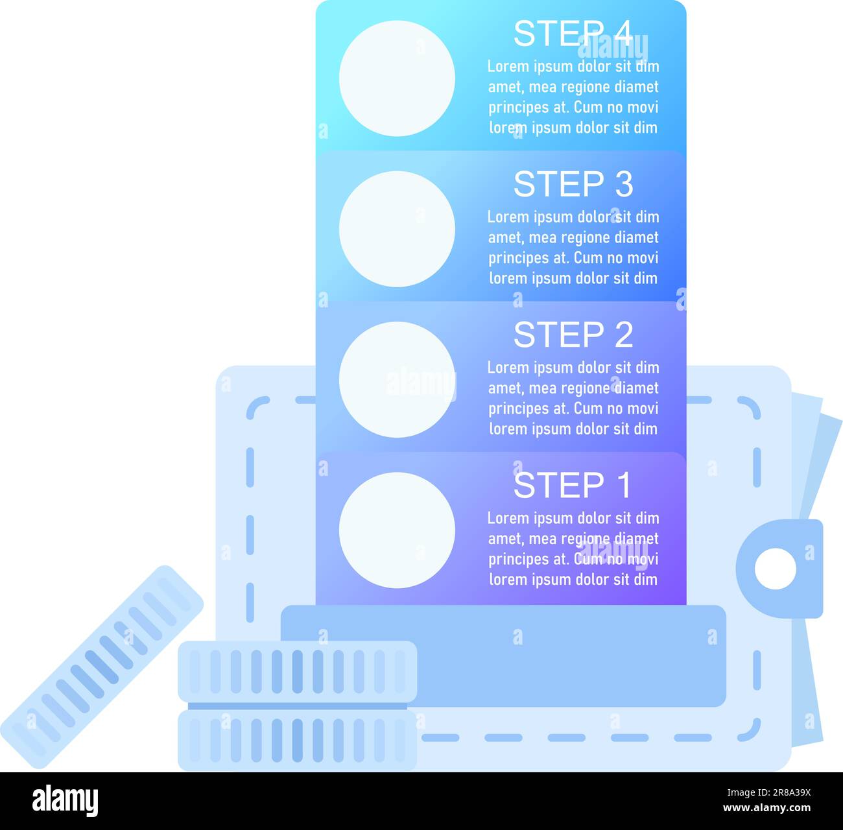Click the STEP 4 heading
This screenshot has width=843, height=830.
tap(573, 34)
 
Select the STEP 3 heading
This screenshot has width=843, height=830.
tap(573, 185)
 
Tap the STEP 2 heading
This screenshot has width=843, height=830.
tap(573, 335)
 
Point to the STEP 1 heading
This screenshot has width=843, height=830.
tap(573, 486)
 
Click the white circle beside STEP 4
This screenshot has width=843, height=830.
tap(397, 78)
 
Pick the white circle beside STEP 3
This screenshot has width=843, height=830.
tap(397, 229)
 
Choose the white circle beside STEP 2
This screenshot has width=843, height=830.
tap(397, 379)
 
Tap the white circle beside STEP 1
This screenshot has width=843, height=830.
tap(397, 530)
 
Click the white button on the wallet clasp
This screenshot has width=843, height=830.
tap(775, 569)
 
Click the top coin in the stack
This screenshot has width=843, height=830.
tap(298, 672)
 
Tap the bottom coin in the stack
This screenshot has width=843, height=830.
tap(298, 740)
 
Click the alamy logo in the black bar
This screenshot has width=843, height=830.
tap(65, 801)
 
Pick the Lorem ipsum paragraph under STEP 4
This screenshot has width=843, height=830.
tap(573, 97)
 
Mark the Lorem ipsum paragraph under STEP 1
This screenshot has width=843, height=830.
tap(573, 549)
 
